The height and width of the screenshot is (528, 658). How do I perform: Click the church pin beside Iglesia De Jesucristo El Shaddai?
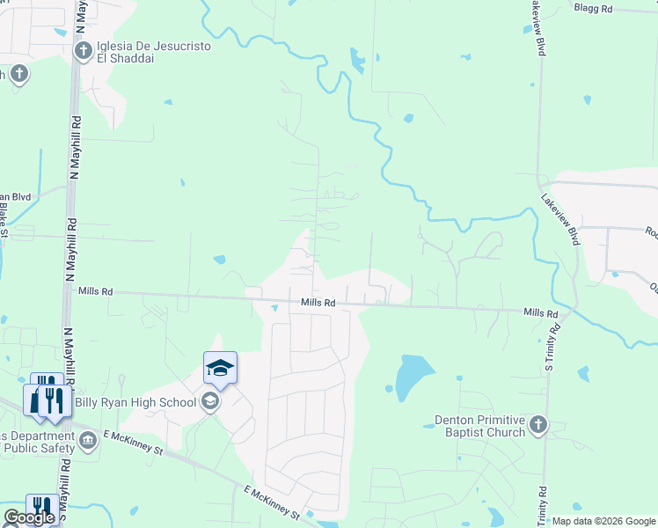click(x=84, y=51)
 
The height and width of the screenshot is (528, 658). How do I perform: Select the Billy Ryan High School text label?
click(x=148, y=403)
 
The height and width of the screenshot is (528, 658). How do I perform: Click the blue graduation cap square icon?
click(x=220, y=368)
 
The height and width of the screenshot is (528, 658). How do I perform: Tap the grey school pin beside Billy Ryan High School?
click(x=209, y=402)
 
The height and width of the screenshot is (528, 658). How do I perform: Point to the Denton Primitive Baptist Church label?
click(x=480, y=426)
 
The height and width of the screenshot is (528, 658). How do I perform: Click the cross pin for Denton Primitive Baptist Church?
click(x=538, y=426)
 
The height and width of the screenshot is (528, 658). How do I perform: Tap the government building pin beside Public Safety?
click(x=87, y=439)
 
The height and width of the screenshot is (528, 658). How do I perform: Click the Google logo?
click(x=28, y=517)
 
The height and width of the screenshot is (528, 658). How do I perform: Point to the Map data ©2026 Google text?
click(x=603, y=521)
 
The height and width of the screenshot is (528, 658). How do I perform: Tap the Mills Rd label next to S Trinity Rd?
click(x=540, y=312)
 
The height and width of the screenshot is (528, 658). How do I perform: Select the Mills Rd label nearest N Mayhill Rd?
click(x=95, y=290)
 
